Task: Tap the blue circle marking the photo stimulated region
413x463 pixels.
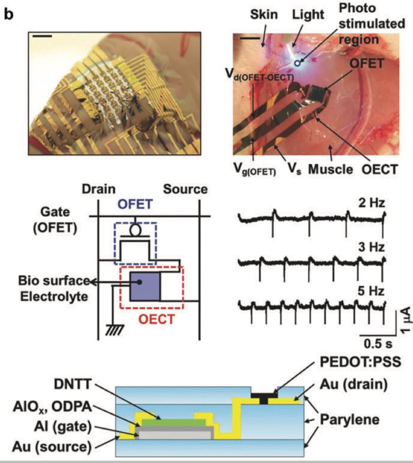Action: click(x=298, y=63)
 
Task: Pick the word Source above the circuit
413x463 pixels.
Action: click(x=185, y=189)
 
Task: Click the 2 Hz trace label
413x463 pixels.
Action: click(x=370, y=204)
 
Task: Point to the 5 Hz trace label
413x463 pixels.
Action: click(x=370, y=289)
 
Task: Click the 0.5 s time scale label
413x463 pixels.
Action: click(x=375, y=344)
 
